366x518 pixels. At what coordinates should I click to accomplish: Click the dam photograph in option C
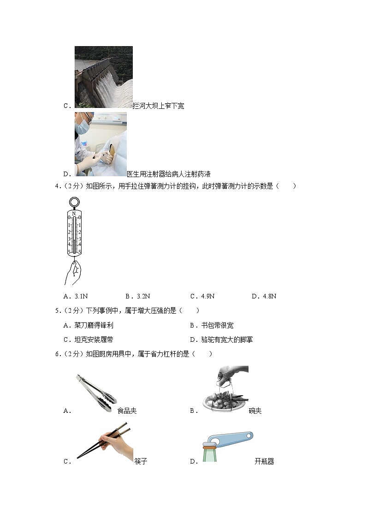[x=103, y=77]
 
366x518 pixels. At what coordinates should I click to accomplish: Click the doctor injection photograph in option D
[x=100, y=144]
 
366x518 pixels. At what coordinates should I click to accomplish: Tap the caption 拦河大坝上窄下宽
[x=158, y=106]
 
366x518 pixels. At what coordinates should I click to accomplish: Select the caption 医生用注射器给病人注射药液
[x=168, y=174]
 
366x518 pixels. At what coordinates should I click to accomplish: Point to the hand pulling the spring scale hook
[x=72, y=273]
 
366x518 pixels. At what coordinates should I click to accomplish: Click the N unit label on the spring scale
[x=74, y=213]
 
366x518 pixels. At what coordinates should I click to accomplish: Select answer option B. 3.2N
[x=137, y=296]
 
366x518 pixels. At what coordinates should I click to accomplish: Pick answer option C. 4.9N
[x=202, y=296]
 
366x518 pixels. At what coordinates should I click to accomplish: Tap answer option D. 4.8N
[x=264, y=296]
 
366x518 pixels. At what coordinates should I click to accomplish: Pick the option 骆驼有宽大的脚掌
[x=221, y=340]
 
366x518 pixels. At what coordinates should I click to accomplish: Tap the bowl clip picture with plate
[x=224, y=390]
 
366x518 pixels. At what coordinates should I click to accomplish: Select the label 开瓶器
[x=264, y=461]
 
